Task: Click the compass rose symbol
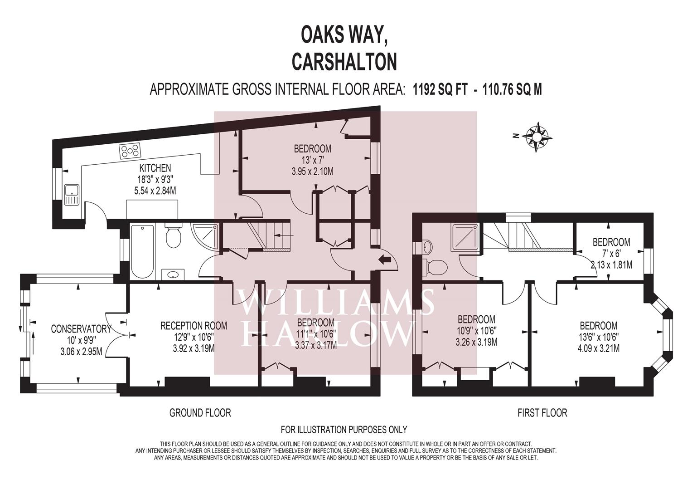[538, 137]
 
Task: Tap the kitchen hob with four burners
[130, 151]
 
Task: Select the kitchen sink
[72, 195]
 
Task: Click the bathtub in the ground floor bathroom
[142, 252]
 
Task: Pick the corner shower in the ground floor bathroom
[205, 237]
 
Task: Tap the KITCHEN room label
[155, 168]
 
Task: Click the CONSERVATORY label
[81, 329]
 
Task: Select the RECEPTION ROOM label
[194, 326]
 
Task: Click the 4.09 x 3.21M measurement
[598, 348]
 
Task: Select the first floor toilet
[435, 266]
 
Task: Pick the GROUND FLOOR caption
[200, 413]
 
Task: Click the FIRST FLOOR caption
[542, 413]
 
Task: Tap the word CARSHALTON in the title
[344, 61]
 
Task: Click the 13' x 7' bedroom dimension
[312, 160]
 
